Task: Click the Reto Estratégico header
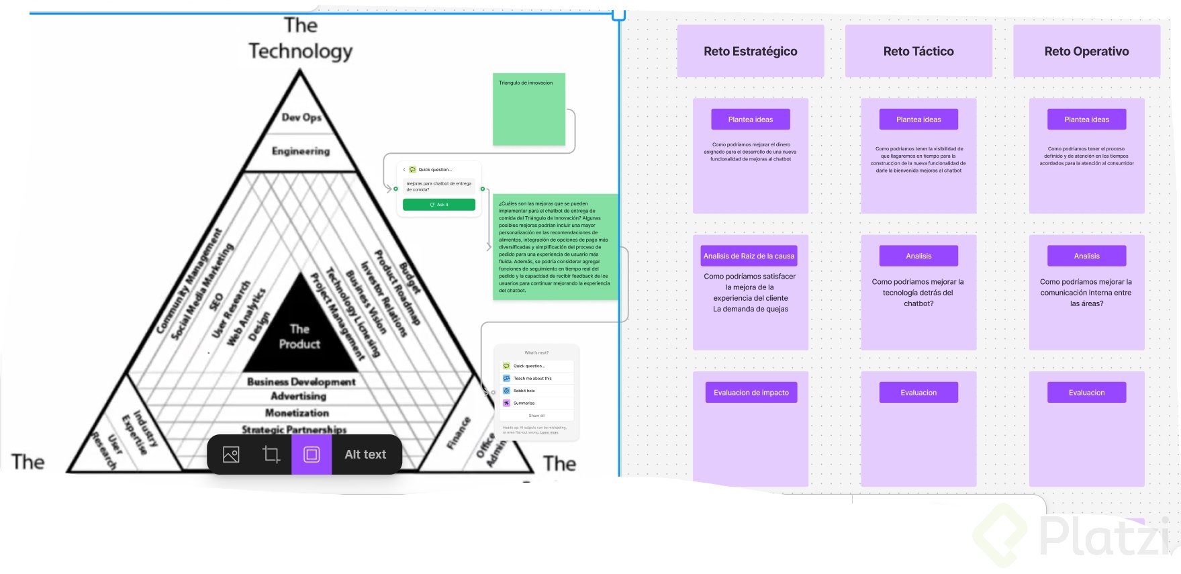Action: click(x=750, y=51)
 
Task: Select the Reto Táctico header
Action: click(x=918, y=51)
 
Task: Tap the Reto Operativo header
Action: click(x=1086, y=51)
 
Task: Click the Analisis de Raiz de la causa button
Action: click(x=749, y=256)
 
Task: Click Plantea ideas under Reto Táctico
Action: click(x=918, y=119)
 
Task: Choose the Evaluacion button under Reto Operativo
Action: click(x=1086, y=393)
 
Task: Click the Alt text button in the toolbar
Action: click(x=365, y=455)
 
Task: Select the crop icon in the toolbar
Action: click(x=271, y=455)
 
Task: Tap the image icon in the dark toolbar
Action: click(x=231, y=455)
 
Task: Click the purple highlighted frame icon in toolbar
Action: click(x=312, y=455)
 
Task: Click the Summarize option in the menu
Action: click(x=524, y=403)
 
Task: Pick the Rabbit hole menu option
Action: click(x=524, y=391)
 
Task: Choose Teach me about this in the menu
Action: click(x=532, y=378)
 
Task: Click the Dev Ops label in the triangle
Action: click(x=301, y=117)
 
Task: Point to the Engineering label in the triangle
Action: click(x=301, y=151)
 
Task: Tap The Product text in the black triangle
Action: click(x=299, y=336)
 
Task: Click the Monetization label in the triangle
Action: click(x=297, y=413)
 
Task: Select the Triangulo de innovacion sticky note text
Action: click(x=526, y=83)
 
